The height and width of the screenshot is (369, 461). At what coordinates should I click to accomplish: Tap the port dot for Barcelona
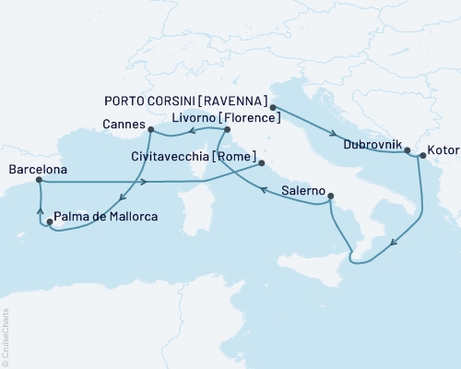click(x=38, y=182)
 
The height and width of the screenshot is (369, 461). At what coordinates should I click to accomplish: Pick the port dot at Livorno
click(x=227, y=130)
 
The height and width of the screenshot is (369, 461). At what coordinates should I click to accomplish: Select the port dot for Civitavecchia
click(x=262, y=164)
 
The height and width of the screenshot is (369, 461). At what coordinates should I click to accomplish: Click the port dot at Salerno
click(x=331, y=196)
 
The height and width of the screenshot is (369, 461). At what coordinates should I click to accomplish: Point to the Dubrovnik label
click(x=371, y=145)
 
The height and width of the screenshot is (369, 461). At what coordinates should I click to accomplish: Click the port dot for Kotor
click(x=420, y=156)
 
